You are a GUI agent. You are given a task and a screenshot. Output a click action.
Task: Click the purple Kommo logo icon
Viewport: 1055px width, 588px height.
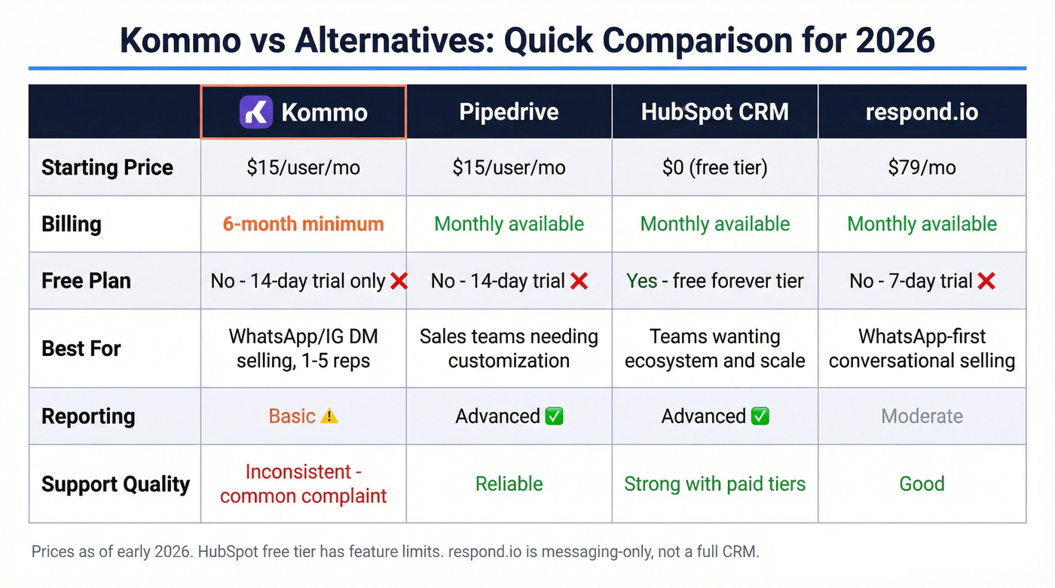click(x=256, y=112)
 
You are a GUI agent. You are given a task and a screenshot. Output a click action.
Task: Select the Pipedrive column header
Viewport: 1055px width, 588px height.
click(x=509, y=112)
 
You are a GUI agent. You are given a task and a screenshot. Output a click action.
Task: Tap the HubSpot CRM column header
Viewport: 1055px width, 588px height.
click(x=714, y=112)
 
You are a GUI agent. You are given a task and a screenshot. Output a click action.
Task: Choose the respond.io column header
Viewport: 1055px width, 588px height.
click(x=922, y=112)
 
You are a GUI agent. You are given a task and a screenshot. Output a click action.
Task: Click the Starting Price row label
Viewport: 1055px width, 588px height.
click(x=107, y=167)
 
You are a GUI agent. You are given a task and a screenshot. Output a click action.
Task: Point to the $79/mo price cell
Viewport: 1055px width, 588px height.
click(x=922, y=167)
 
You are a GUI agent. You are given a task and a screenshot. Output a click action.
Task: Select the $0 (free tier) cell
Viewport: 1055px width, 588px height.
click(x=714, y=167)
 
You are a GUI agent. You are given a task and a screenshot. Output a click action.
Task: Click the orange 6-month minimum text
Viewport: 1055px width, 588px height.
click(x=303, y=224)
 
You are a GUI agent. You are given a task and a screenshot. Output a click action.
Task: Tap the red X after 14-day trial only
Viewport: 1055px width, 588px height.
click(x=399, y=282)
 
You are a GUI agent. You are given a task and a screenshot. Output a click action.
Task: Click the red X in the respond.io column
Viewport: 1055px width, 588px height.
click(x=986, y=282)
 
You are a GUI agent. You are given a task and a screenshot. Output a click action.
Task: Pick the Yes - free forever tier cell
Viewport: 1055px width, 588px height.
click(x=714, y=281)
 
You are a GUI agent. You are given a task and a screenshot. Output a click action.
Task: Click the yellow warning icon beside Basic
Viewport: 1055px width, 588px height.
click(x=329, y=416)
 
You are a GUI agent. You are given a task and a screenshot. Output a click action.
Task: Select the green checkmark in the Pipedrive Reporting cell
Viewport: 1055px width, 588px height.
click(x=554, y=416)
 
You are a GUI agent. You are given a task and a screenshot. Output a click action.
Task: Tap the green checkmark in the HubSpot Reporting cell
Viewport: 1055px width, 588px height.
click(x=760, y=416)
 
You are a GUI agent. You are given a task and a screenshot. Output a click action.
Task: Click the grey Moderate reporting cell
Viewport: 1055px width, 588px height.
click(x=922, y=416)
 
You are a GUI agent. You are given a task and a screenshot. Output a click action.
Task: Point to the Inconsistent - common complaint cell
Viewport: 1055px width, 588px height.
click(x=303, y=483)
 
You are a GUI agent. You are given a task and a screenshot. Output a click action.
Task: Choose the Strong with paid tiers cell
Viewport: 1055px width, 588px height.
click(x=714, y=483)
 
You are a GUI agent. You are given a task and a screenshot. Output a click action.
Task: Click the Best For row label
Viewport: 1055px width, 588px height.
click(x=81, y=349)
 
